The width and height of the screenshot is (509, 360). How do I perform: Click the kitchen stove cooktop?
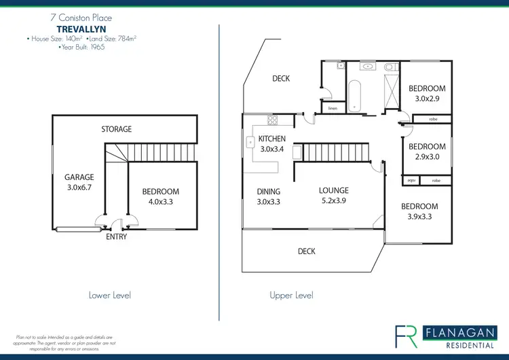(272, 122)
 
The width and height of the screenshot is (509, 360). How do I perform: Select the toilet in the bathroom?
(389, 68)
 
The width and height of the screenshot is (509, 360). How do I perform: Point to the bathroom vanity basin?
(367, 67)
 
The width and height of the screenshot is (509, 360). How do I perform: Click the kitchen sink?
(249, 143)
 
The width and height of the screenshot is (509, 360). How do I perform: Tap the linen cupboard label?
(333, 108)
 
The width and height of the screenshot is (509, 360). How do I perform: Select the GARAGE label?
(79, 177)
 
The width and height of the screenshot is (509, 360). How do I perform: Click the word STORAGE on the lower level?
(117, 129)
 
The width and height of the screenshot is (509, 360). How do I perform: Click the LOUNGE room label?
(333, 191)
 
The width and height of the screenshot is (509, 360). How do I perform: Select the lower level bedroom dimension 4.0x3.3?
(161, 202)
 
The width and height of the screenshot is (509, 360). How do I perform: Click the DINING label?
(269, 192)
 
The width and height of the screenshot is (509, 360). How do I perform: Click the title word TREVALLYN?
(81, 30)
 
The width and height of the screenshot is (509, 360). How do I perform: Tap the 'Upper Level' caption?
(291, 295)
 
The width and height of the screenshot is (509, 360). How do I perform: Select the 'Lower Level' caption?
(109, 295)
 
